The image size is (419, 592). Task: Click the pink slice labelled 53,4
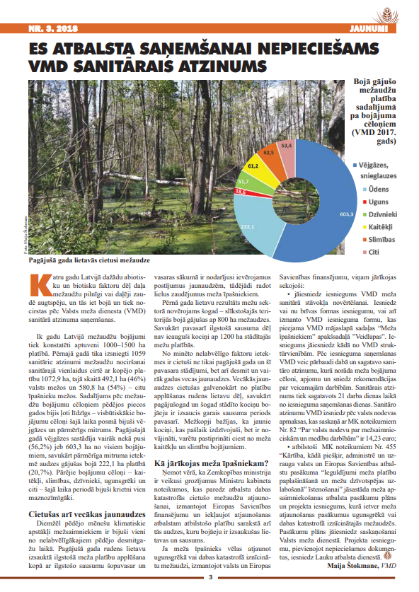287,144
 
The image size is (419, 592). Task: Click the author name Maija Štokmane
351,565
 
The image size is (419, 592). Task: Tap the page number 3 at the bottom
209,578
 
